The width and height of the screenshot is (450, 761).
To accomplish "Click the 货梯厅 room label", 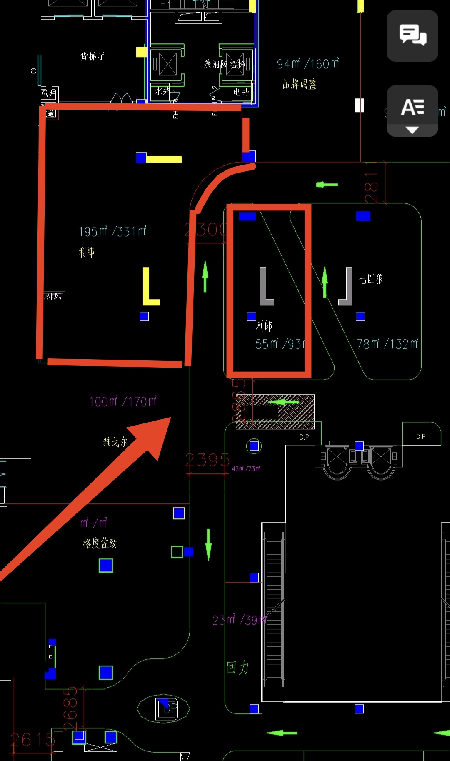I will click(x=92, y=56).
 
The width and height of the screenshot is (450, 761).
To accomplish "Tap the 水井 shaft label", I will click(x=162, y=91).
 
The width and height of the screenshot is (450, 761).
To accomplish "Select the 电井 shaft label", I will click(x=241, y=92).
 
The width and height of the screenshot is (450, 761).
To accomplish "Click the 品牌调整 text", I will click(x=299, y=84).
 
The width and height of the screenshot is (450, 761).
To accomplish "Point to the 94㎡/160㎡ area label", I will click(x=308, y=64).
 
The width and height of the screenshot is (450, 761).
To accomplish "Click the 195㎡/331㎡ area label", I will click(x=112, y=231).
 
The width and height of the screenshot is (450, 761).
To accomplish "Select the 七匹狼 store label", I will click(x=371, y=279).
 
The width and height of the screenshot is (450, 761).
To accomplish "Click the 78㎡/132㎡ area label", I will click(x=387, y=344).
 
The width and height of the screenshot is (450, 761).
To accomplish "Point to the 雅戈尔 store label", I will click(x=115, y=442).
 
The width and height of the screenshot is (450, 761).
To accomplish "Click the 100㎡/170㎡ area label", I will click(x=123, y=401).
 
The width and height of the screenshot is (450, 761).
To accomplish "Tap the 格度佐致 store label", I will click(x=100, y=543).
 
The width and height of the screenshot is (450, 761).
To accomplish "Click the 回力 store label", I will click(x=238, y=667).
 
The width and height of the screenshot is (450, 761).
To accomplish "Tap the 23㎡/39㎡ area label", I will click(x=239, y=620).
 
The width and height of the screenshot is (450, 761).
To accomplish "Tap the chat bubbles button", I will click(x=412, y=35).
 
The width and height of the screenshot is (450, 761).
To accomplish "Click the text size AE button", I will click(x=412, y=111).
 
